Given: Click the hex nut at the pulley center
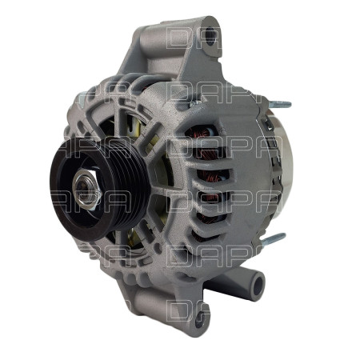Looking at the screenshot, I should (x=85, y=190).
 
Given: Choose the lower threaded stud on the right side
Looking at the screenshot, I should (x=272, y=238).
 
